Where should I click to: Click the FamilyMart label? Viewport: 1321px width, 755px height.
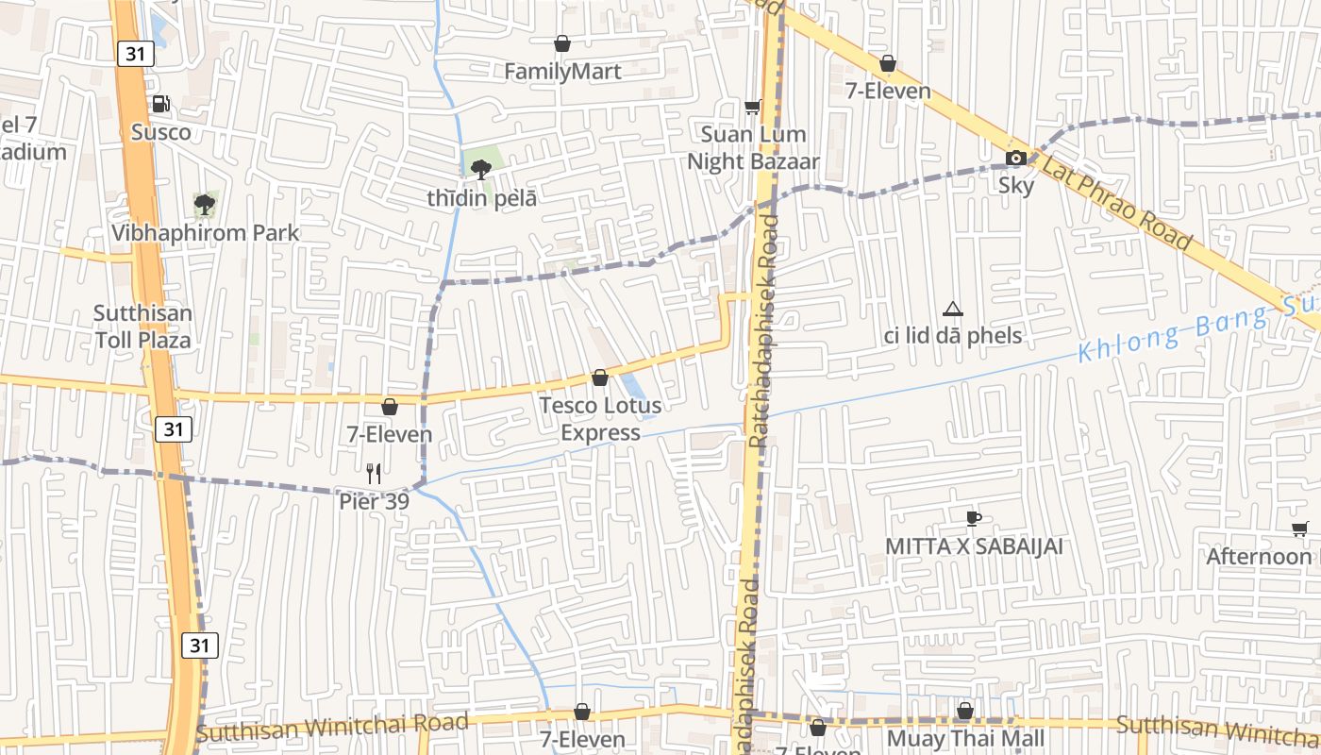(x=562, y=72)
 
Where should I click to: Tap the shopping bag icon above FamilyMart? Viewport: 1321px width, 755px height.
(x=562, y=43)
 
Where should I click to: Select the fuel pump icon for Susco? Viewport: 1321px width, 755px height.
(x=160, y=104)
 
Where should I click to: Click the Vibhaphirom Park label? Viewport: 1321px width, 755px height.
(x=205, y=232)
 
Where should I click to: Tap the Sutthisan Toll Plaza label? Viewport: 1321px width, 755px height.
(x=142, y=327)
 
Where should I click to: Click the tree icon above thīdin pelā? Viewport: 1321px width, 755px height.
(x=481, y=170)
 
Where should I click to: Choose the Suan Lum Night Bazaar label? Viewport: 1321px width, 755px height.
(x=752, y=148)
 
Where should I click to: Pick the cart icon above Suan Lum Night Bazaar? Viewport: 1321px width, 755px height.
(x=752, y=108)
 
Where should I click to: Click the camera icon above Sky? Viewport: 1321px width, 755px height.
(x=1016, y=158)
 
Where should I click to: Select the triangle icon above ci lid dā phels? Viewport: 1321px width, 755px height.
(x=953, y=309)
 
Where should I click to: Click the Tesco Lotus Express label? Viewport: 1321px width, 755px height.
(x=600, y=419)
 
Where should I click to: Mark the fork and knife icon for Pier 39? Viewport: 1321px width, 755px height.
(x=375, y=473)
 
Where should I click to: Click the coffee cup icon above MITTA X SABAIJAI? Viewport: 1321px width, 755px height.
(x=974, y=518)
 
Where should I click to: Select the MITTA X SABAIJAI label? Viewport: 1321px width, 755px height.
(x=974, y=546)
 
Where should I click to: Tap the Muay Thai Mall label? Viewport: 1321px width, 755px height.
(x=965, y=737)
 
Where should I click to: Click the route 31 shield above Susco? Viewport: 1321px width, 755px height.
(x=136, y=54)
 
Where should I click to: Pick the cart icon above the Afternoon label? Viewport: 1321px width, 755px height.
(x=1299, y=528)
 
